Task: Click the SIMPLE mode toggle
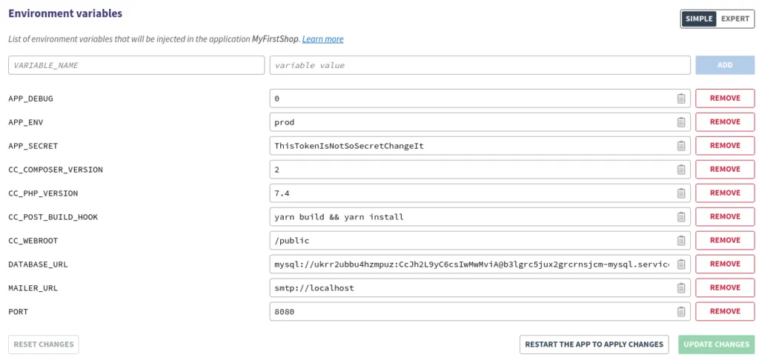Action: pos(699,19)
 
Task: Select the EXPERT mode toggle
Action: pos(735,19)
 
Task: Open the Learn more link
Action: pos(322,39)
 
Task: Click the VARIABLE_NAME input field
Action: pos(136,65)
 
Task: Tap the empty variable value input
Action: pos(480,65)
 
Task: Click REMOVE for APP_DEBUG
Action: pos(724,98)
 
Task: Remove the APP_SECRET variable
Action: pos(724,145)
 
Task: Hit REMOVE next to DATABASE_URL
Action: pos(724,264)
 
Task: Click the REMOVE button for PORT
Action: pos(724,311)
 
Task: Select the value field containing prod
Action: pos(471,122)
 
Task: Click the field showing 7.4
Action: pos(471,193)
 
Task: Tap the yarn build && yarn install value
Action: pos(471,217)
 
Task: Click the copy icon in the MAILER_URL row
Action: pos(680,288)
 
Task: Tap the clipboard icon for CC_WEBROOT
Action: pos(680,241)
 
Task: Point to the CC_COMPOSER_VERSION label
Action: pos(56,170)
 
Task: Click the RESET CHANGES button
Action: pos(44,344)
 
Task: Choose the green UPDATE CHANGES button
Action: pos(716,344)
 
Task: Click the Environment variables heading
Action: pos(65,13)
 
